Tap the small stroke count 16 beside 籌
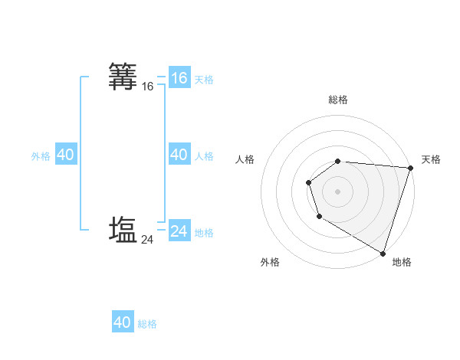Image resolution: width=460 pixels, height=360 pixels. (148, 87)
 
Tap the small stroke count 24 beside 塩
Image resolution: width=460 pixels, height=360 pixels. (148, 240)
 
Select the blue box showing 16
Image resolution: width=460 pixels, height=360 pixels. (179, 78)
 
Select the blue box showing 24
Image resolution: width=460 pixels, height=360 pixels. (179, 231)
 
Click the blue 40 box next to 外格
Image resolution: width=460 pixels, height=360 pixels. (65, 155)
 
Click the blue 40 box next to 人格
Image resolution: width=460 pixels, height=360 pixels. (179, 155)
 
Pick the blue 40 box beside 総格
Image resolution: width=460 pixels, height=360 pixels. (123, 322)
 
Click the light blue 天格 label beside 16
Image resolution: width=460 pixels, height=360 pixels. (204, 80)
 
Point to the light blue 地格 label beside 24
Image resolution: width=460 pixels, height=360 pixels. (204, 233)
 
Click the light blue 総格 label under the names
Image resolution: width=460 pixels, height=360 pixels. (147, 324)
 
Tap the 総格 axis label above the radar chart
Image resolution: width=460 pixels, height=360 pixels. (338, 100)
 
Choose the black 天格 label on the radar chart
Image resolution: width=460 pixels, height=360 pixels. (431, 159)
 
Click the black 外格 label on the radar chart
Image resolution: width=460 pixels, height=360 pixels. (270, 262)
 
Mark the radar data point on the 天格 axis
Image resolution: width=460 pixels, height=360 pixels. (410, 168)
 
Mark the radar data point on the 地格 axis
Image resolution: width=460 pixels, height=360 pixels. (383, 252)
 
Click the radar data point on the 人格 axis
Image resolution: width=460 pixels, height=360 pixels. (308, 182)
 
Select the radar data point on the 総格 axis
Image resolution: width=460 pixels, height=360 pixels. (338, 161)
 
